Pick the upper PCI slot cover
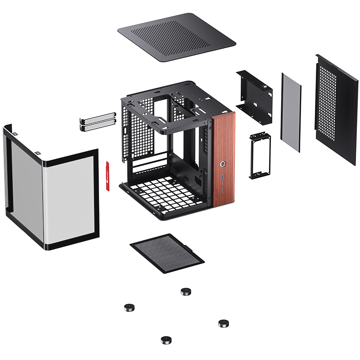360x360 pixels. [x=97, y=119]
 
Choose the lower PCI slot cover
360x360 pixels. [x=97, y=126]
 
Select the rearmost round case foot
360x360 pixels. [x=186, y=292]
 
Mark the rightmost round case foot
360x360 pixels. [x=224, y=323]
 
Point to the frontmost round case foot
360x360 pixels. [x=166, y=340]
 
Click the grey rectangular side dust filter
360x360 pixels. [x=291, y=106]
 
